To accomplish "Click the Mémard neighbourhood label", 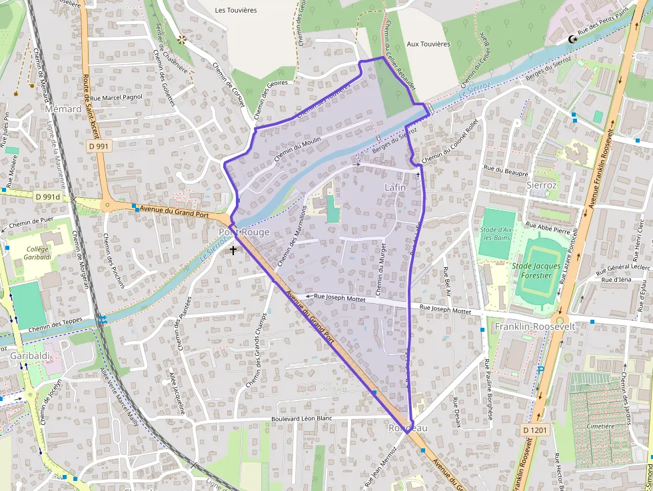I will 63,109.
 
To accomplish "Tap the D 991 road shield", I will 98,145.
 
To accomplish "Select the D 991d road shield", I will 47,197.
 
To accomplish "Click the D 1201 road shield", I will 534,430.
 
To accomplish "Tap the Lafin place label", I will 394,188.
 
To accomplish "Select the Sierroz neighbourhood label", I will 541,184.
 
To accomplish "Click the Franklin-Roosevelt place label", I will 530,327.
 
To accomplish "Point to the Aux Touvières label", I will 428,44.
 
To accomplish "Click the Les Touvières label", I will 237,11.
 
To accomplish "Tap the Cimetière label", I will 602,426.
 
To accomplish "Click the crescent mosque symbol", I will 571,39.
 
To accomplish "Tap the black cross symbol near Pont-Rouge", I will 233,250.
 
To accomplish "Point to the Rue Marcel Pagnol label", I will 116,97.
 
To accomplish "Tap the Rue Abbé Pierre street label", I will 548,229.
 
